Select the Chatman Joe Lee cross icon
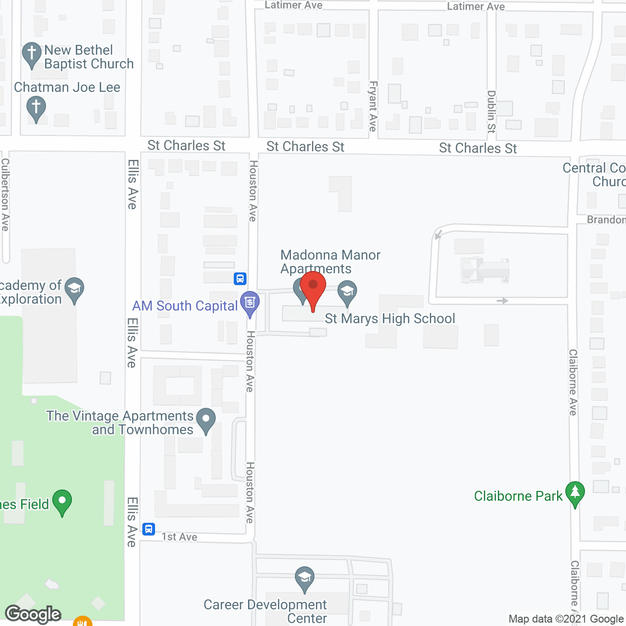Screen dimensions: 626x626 click(36, 107)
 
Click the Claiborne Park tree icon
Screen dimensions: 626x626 click(575, 492)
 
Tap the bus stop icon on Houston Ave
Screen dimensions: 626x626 click(240, 279)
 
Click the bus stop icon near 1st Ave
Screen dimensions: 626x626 click(149, 529)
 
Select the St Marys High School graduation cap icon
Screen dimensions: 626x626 click(347, 291)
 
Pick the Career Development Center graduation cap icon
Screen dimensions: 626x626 click(305, 578)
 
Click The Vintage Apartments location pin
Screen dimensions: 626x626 click(206, 419)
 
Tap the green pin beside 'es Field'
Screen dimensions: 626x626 click(62, 501)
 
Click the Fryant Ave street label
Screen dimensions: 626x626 click(373, 106)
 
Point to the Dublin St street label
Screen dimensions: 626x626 click(492, 112)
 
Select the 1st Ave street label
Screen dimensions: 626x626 click(179, 537)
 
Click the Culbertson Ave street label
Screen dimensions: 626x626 click(5, 194)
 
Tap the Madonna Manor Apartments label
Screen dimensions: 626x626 click(330, 262)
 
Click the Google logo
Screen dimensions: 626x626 click(33, 614)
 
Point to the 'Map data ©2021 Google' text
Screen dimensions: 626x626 click(566, 619)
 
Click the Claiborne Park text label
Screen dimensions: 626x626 click(518, 496)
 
